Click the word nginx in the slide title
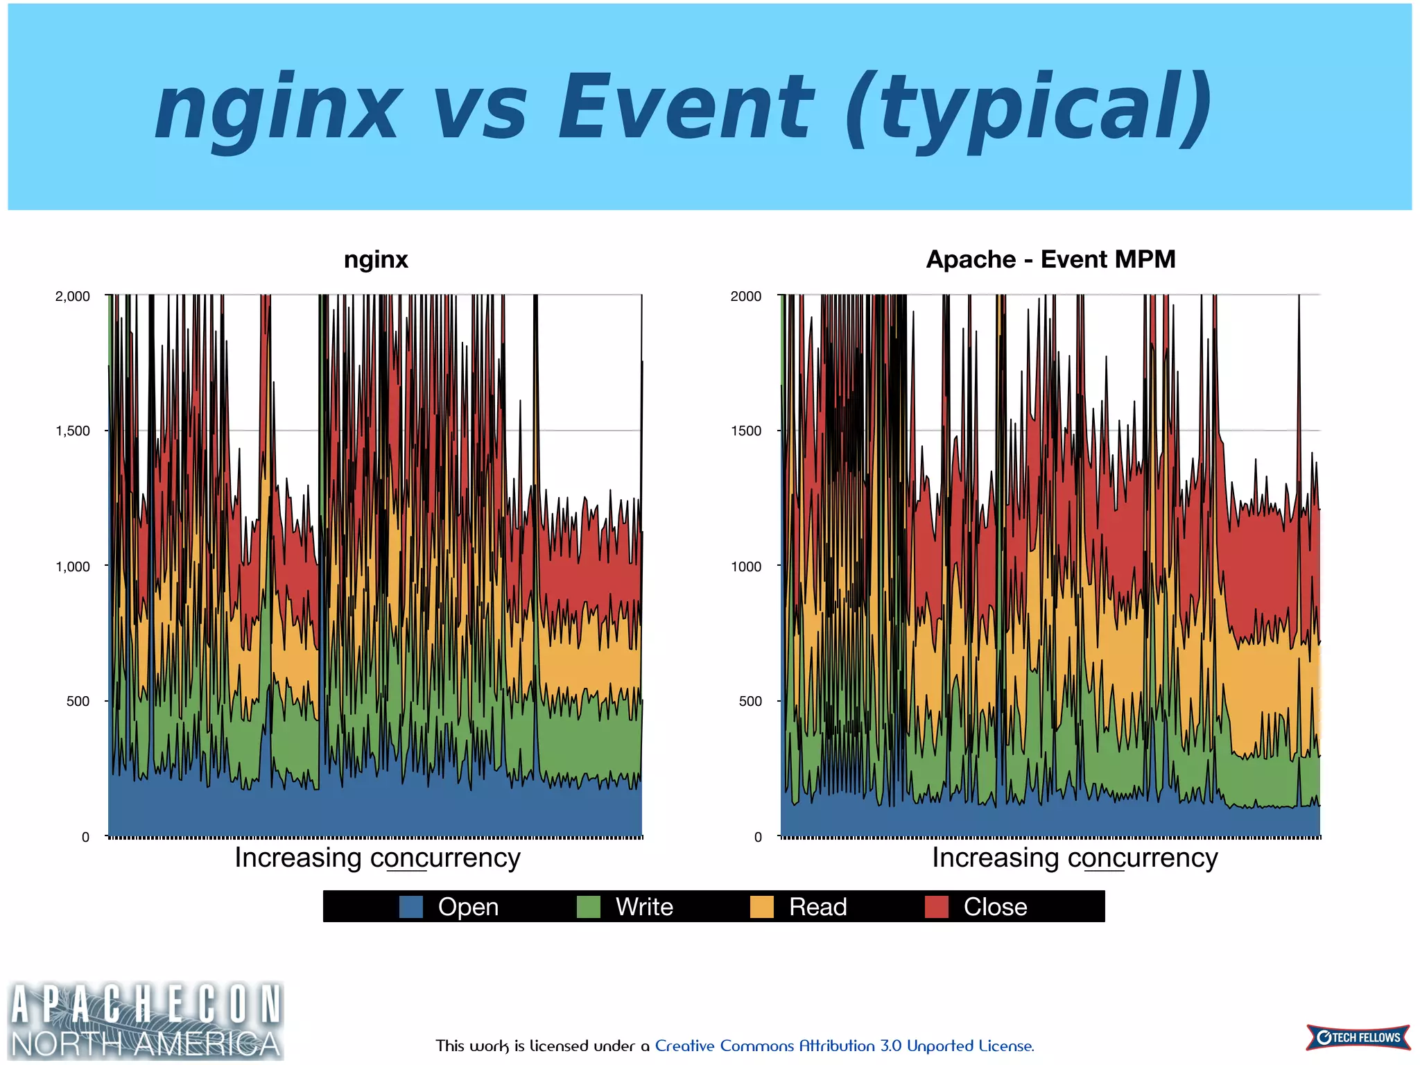coord(277,107)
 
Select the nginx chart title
coord(376,259)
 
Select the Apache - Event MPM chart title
coord(1050,259)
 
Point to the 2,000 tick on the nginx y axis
coord(73,296)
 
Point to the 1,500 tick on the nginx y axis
coord(73,431)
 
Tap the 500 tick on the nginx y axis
coord(78,701)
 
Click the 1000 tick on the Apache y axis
coord(746,566)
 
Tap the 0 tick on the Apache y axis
coord(758,837)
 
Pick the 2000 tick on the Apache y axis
coord(746,296)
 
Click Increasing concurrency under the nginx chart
coord(377,858)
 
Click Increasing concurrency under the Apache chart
coord(1074,858)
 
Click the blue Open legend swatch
coord(411,907)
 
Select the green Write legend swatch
coord(589,907)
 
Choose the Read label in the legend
coord(817,907)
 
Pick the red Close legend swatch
coord(937,907)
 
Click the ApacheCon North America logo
coord(146,1021)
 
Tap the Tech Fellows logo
coord(1358,1037)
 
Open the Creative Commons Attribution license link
coord(844,1046)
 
